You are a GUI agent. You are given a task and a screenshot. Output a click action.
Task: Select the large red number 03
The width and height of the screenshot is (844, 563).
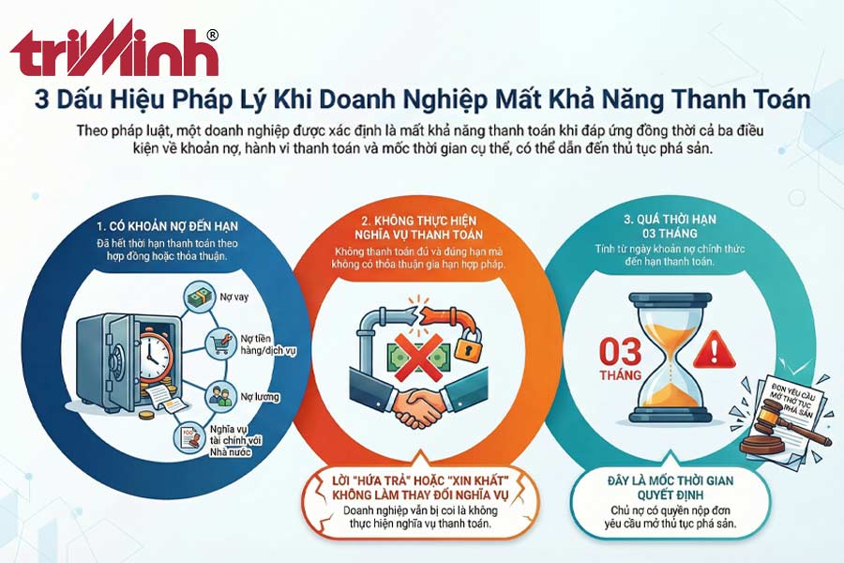619,353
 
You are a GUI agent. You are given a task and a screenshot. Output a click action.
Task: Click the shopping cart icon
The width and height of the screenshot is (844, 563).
222,342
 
